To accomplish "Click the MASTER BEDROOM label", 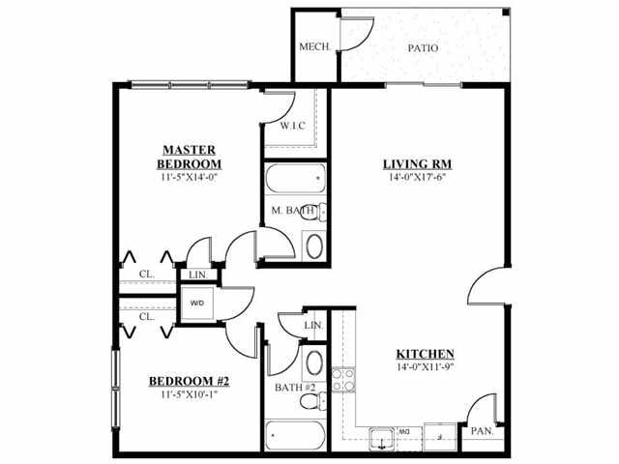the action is pos(190,157).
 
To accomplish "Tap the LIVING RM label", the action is pos(417,163).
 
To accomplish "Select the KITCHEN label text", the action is pos(426,354).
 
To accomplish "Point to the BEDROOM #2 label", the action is pos(190,381).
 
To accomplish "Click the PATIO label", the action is pos(423,48).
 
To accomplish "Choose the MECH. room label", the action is pos(314,47).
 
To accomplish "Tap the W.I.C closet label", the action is pos(292,127).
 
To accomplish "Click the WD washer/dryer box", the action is pos(197,303).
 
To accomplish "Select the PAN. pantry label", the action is pos(482,431).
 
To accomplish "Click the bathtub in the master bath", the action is pos(296,178).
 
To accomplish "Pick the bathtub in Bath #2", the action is pos(295,436).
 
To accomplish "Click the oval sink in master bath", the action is pos(314,246).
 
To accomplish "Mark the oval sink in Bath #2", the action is pos(314,363).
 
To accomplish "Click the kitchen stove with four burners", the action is pos(343,380).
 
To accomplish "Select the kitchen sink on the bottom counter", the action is pos(382,439).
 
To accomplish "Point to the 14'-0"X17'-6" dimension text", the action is pos(417,177).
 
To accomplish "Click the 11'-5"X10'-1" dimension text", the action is pos(190,393).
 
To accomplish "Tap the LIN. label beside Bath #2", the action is pos(313,326).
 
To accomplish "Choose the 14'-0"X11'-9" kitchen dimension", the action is pos(426,366).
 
